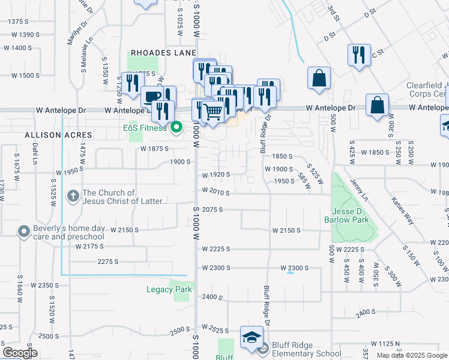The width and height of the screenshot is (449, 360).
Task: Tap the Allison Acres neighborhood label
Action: (59, 136)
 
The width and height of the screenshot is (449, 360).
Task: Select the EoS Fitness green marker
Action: (176, 127)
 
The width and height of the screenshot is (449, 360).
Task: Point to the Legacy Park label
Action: (169, 289)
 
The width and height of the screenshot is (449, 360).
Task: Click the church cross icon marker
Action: (73, 196)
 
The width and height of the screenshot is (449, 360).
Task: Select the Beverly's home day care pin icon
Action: (23, 231)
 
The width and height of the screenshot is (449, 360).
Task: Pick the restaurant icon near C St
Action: (358, 55)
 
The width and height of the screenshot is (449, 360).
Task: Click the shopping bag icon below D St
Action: (319, 78)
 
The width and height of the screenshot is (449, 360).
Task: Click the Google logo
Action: (20, 353)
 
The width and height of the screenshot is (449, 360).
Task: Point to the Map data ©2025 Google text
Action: (412, 355)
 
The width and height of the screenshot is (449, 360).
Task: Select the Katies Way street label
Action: (403, 210)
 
